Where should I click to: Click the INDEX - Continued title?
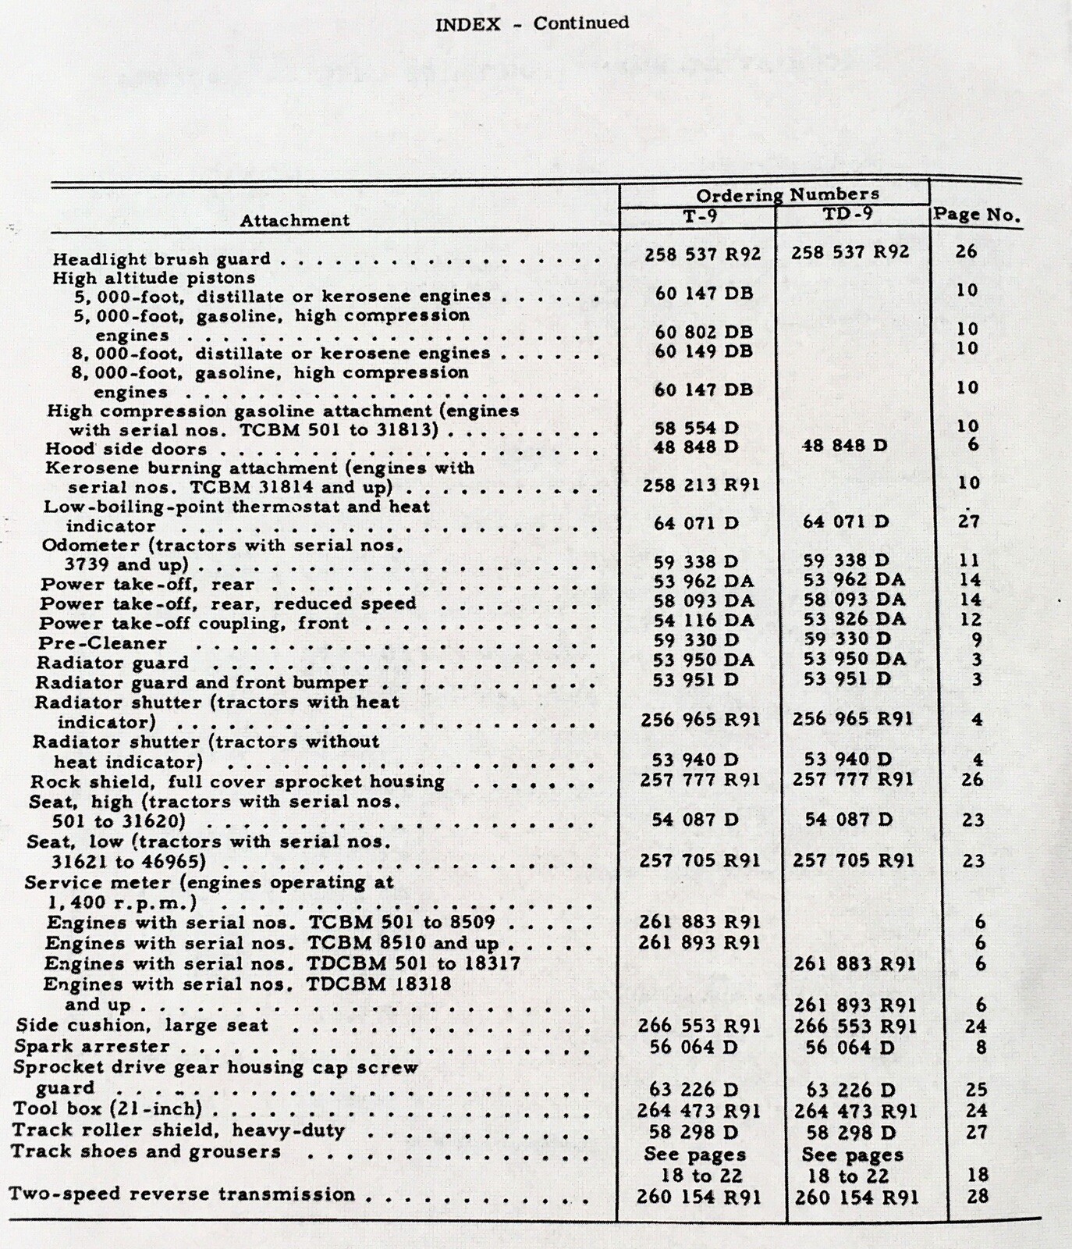tap(532, 23)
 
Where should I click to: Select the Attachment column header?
tap(294, 220)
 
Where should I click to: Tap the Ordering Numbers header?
tap(787, 194)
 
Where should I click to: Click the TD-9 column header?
tap(853, 213)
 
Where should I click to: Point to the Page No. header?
tap(977, 215)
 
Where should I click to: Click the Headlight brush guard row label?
tap(162, 258)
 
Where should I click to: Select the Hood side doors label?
tap(126, 449)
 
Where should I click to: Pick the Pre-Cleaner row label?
tap(103, 643)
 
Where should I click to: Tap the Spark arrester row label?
tap(92, 1047)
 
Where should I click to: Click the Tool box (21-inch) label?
tap(108, 1109)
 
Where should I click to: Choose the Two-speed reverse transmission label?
tap(182, 1194)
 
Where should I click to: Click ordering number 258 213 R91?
tap(701, 485)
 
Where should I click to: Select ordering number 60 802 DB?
tap(704, 332)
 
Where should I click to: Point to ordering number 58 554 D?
tap(696, 428)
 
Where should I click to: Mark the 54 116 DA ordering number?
tap(703, 621)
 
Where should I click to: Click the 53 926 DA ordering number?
tap(854, 619)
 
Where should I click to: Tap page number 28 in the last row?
tap(977, 1196)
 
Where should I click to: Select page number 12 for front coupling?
tap(970, 619)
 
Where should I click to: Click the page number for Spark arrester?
tap(981, 1047)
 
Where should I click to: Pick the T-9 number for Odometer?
tap(695, 561)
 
